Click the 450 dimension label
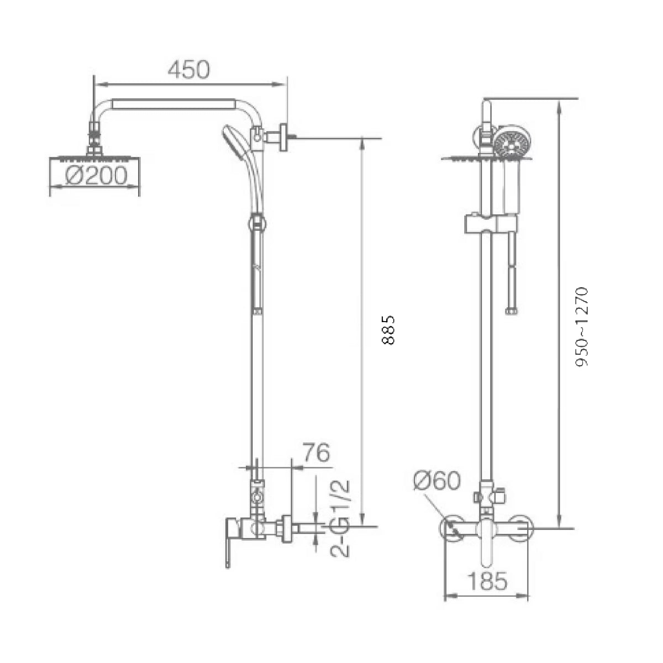click(189, 70)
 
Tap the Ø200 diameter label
click(96, 176)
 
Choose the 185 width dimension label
click(487, 581)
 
